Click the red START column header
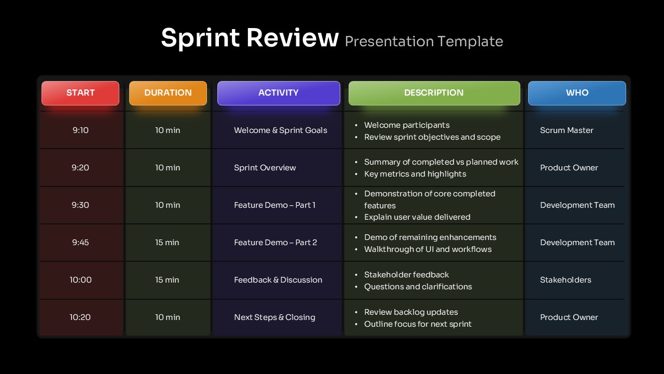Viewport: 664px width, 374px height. (80, 93)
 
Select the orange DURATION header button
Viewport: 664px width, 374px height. (168, 93)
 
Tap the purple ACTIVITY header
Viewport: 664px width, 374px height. (279, 93)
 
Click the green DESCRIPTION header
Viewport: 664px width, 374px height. (434, 93)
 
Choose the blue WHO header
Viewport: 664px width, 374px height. (577, 93)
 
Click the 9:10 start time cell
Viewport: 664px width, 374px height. (80, 130)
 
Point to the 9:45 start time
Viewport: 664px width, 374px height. (80, 243)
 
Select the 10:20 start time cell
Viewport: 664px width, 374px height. (80, 317)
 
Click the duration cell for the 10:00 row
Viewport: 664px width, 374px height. (168, 280)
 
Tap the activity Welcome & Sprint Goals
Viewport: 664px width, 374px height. (280, 130)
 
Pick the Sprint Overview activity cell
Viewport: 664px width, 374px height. (265, 168)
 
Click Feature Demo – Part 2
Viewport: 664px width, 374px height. (275, 243)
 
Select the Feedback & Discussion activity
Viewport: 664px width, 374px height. (278, 280)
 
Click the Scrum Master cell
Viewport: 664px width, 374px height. (566, 130)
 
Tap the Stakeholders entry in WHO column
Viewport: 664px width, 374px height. (565, 280)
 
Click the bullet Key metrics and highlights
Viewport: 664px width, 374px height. (415, 174)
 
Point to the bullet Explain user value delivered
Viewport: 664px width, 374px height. (417, 217)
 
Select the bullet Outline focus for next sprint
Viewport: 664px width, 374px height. (418, 324)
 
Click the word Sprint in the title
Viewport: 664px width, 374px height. (199, 38)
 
